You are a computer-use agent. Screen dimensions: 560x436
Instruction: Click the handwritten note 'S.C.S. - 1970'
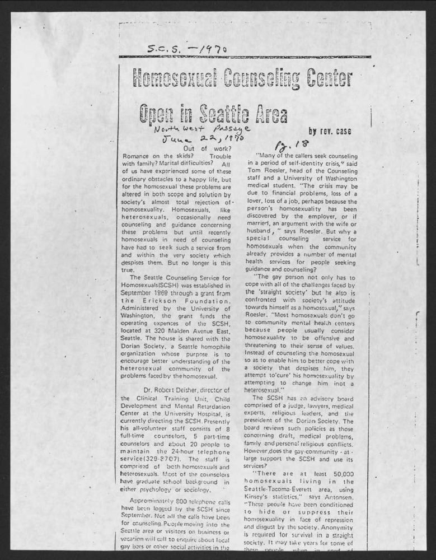pyautogui.click(x=187, y=49)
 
